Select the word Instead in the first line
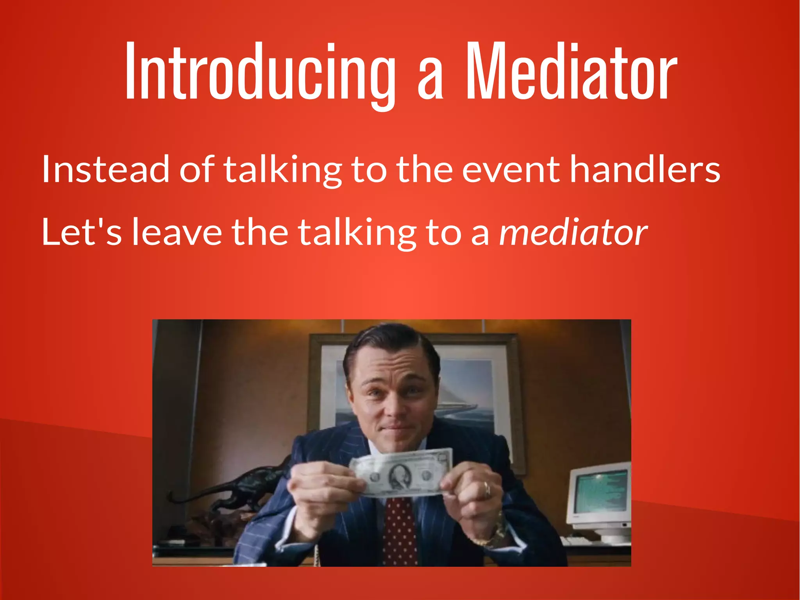(105, 169)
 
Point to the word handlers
(645, 169)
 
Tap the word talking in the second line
(357, 233)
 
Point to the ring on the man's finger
(487, 489)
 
